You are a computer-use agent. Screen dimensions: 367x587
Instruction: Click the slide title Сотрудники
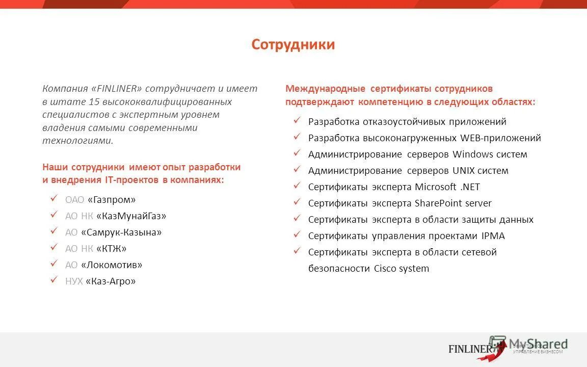293,45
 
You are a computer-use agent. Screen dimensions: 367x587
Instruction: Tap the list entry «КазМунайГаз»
131,216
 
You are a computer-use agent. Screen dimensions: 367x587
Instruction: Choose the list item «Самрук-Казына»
121,232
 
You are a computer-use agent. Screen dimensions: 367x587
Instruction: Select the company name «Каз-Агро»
111,281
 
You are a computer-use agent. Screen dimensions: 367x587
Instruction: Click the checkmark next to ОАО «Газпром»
53,199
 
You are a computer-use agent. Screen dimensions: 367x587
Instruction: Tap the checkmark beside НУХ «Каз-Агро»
53,280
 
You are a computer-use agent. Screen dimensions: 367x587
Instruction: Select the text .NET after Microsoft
470,187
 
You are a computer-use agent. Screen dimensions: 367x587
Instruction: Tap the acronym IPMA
493,236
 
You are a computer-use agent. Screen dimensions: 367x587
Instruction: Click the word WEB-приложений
500,138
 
